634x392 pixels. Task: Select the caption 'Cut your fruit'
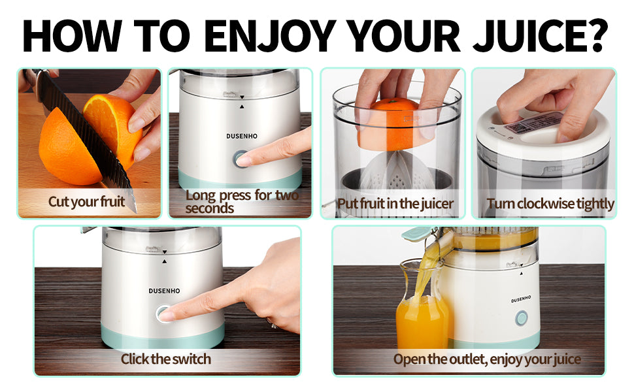click(x=86, y=201)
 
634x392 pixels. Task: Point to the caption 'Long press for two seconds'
click(x=242, y=201)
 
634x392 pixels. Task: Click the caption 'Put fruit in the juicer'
click(x=395, y=203)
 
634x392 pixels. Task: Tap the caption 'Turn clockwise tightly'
click(x=550, y=203)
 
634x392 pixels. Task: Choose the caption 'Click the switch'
click(x=166, y=359)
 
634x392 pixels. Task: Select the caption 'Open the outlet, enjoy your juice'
click(x=487, y=359)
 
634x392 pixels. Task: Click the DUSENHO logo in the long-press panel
click(x=242, y=136)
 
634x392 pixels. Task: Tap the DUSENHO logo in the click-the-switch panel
click(x=164, y=291)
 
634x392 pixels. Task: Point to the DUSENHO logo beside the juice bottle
click(x=521, y=299)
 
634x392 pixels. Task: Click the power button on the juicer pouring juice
click(x=522, y=318)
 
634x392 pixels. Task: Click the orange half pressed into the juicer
click(x=394, y=123)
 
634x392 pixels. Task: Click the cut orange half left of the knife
click(x=69, y=146)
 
